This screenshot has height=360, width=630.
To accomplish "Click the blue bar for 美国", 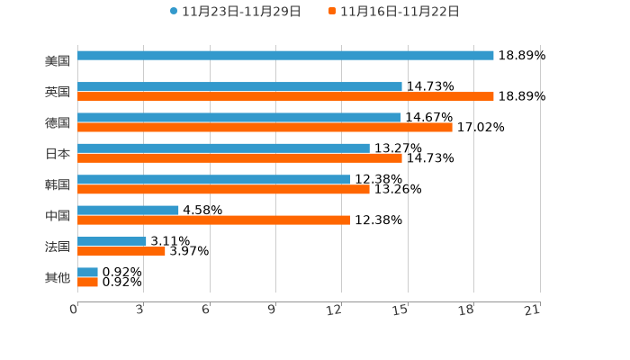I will click(x=285, y=56).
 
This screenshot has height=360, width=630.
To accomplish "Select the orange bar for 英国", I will click(x=285, y=96).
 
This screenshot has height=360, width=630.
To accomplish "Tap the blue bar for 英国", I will click(x=239, y=86).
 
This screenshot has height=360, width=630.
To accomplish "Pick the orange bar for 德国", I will click(x=265, y=127).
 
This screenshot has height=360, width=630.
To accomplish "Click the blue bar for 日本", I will click(x=223, y=148).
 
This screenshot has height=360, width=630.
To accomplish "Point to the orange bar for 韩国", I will click(x=223, y=189).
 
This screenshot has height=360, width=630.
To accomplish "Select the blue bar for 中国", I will click(x=128, y=211).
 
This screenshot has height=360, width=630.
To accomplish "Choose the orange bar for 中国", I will click(x=214, y=220).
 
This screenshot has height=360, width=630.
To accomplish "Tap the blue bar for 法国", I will click(x=112, y=241).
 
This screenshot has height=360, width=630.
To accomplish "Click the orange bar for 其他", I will click(x=87, y=282).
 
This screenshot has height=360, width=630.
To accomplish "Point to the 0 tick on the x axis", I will click(x=74, y=310).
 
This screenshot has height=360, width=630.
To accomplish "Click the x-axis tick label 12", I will click(x=335, y=310).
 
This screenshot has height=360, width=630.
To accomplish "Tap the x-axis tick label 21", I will click(x=533, y=310).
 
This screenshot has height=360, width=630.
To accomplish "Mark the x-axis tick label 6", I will click(x=206, y=310).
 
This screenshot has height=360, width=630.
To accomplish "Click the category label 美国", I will click(x=58, y=61).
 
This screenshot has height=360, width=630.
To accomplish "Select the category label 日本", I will click(x=58, y=154).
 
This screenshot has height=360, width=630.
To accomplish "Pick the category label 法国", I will click(x=58, y=247).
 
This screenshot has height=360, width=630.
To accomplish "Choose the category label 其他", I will click(x=58, y=278).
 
